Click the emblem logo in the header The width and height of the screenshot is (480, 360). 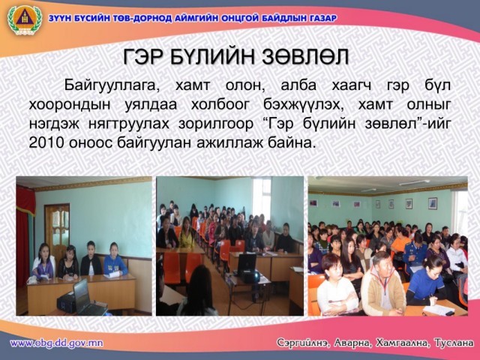(25, 20)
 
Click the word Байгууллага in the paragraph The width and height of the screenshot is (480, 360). (112, 85)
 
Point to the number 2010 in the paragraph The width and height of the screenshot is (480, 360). (46, 143)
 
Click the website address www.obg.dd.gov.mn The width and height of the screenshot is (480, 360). (57, 343)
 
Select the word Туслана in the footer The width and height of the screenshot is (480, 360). (454, 343)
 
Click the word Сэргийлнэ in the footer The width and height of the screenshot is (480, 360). (303, 343)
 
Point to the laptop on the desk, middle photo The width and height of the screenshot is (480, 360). (247, 265)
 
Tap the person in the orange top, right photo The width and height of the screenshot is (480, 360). (400, 241)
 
